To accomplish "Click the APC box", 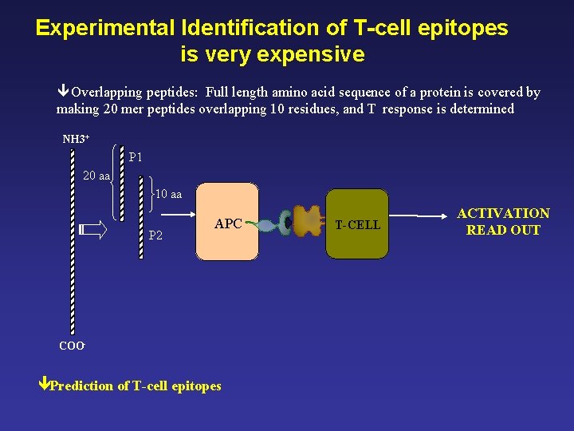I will coord(227,222).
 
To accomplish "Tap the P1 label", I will coord(136,157).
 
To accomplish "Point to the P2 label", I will coord(155,235).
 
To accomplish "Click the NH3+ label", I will coord(76,140).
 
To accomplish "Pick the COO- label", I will coord(72,346).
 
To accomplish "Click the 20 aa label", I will coord(96,176).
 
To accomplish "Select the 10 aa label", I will coord(168,194).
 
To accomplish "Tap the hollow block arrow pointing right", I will coord(93,231).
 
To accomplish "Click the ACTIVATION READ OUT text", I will coord(503,222).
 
